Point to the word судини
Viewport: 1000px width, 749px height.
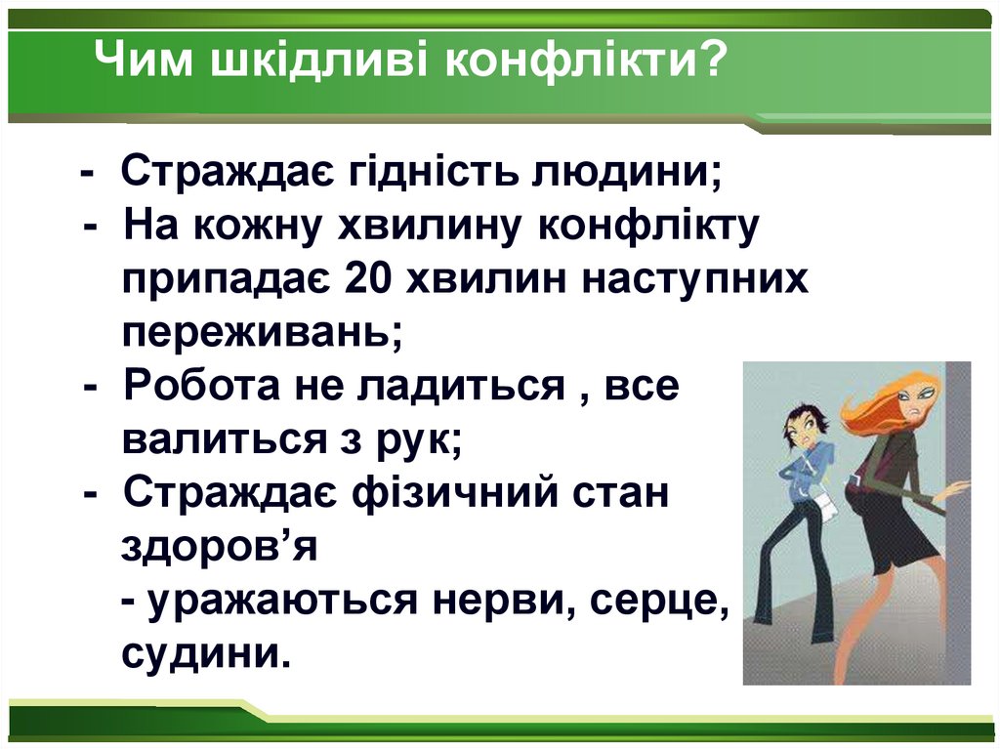(206, 651)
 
